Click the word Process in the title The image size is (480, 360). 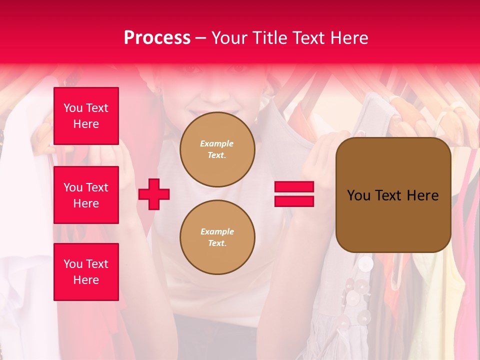coord(157,38)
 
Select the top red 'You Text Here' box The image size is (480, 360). coord(86,116)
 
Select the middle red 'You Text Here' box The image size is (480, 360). coord(86,195)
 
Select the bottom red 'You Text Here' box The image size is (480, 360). coord(86,272)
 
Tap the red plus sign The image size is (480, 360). coord(154,194)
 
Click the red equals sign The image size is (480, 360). coord(294,194)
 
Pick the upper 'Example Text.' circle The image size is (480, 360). coord(217,149)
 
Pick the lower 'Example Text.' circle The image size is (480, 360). coord(217,237)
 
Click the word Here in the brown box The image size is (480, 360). coord(422,195)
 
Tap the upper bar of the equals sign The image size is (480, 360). coord(294,187)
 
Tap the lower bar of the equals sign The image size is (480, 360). coord(294,201)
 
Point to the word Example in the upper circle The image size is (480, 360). coord(217,143)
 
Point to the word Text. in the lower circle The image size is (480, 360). coord(217,243)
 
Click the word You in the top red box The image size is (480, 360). coord(73,108)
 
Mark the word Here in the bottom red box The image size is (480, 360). coord(86,280)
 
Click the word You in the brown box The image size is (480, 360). coord(358,195)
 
